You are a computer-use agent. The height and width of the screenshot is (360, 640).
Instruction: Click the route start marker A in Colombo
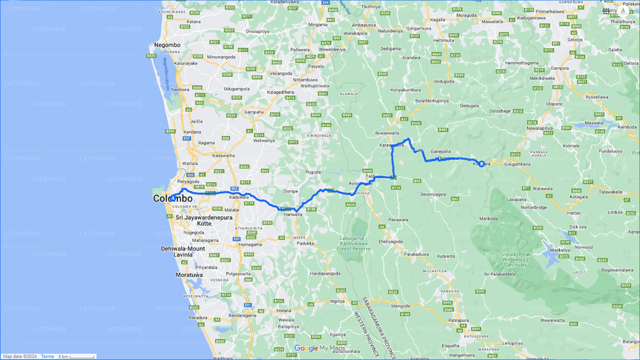pyautogui.click(x=172, y=198)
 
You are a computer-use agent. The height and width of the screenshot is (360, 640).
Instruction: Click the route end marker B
pyautogui.click(x=481, y=163)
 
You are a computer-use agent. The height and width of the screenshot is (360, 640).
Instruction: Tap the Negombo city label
pyautogui.click(x=167, y=45)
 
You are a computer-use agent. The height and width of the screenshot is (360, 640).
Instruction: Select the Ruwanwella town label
pyautogui.click(x=387, y=133)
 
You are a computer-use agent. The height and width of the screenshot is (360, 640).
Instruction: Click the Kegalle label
pyautogui.click(x=437, y=20)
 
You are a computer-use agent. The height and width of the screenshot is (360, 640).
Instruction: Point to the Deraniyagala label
pyautogui.click(x=432, y=193)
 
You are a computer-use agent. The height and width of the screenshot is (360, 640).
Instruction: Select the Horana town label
pyautogui.click(x=284, y=311)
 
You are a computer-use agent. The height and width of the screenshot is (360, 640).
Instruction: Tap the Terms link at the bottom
pyautogui.click(x=47, y=356)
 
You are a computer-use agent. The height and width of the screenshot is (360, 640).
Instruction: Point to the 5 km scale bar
pyautogui.click(x=76, y=356)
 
